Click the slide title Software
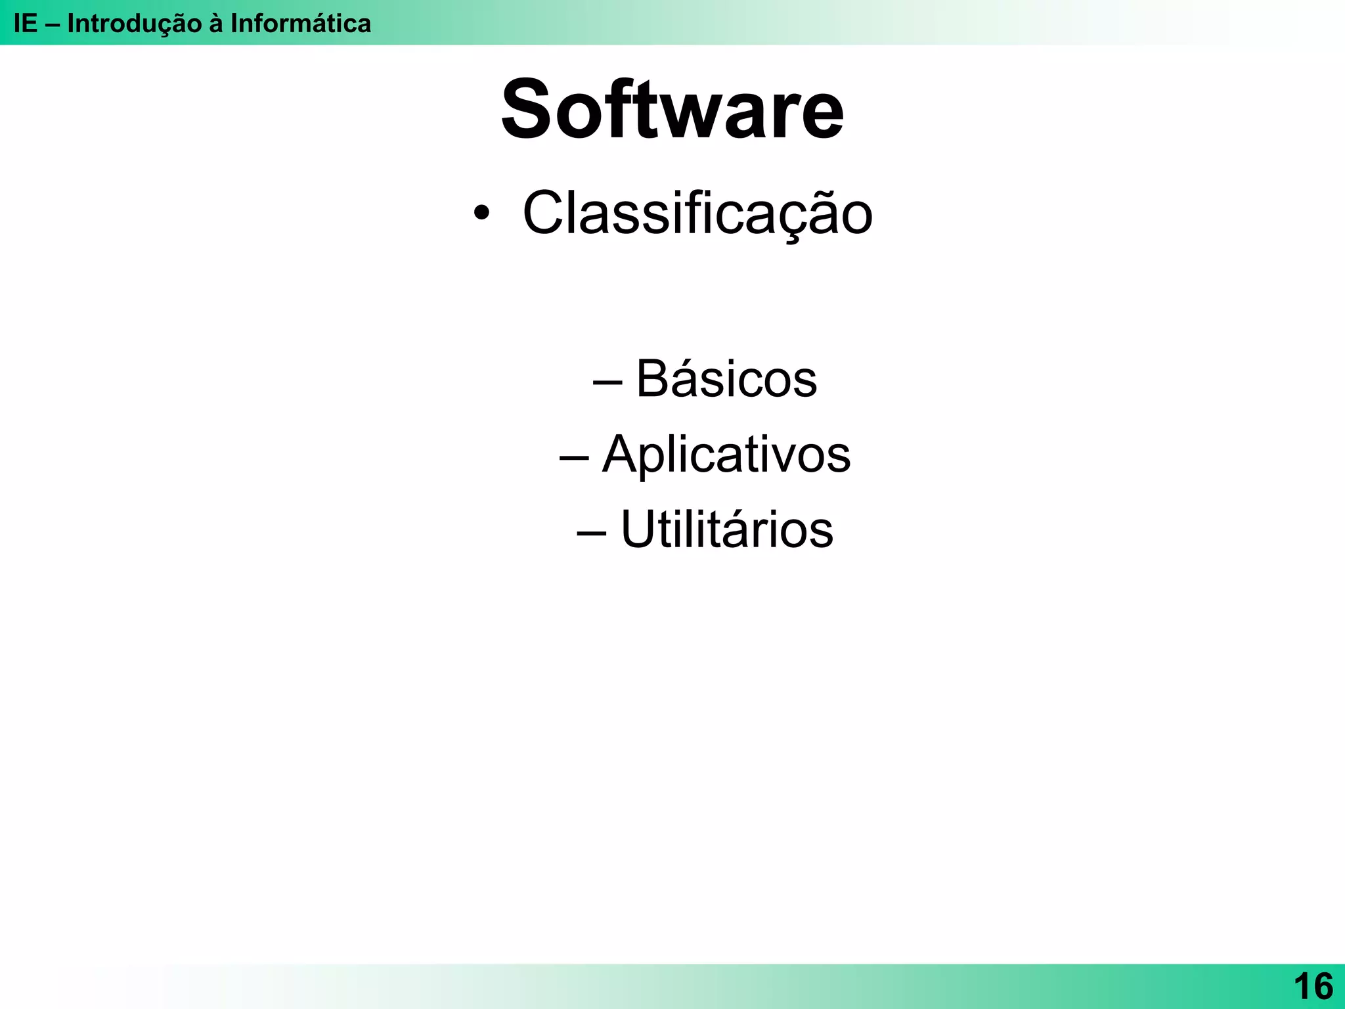[672, 110]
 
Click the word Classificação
[697, 213]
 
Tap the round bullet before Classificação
[481, 213]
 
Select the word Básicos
[726, 379]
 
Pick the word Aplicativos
[726, 455]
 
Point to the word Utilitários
[726, 529]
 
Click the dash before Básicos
[607, 382]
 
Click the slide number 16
[1313, 987]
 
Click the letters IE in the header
[26, 24]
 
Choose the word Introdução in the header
[135, 24]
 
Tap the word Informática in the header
[301, 24]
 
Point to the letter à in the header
[216, 24]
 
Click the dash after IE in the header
[53, 24]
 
